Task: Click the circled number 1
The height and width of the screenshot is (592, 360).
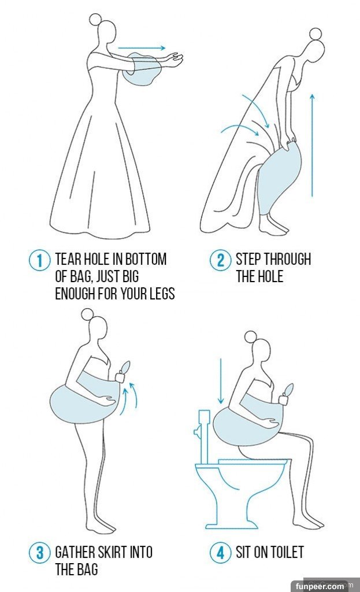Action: pos(39,261)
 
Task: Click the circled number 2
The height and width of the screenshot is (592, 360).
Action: pos(220,261)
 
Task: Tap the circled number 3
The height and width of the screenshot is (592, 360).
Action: pos(39,553)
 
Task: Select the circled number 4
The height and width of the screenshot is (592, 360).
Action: pos(220,553)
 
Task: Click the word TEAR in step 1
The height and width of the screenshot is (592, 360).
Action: pos(68,260)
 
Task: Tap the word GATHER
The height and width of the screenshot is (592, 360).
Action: pos(75,552)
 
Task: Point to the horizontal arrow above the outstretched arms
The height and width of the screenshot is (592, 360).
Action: pos(142,48)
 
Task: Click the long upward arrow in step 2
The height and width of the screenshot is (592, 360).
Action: pos(312,145)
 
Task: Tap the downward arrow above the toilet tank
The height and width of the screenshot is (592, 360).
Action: pos(221,381)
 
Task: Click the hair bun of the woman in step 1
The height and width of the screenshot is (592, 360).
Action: pos(96,19)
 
